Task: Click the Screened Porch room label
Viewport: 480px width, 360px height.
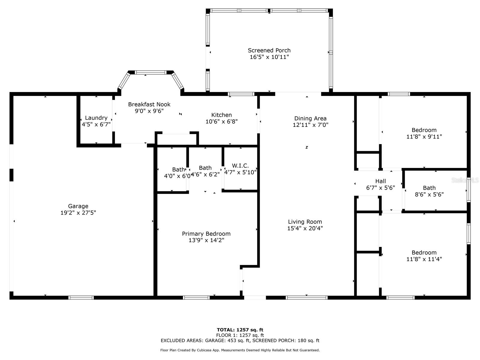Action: (x=269, y=50)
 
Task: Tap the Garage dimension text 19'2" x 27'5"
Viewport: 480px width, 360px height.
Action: (x=78, y=212)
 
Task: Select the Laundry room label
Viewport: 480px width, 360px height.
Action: (x=96, y=118)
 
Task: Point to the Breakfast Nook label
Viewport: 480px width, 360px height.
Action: (x=149, y=104)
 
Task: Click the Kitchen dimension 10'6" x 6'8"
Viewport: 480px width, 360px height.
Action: (x=221, y=121)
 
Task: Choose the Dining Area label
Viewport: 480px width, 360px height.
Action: (x=310, y=118)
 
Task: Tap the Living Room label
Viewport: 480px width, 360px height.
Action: (x=305, y=222)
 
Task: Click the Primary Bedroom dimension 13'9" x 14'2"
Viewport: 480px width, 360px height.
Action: (x=206, y=240)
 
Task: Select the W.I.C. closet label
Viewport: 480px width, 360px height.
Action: (x=240, y=166)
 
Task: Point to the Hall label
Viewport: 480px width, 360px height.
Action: (x=380, y=181)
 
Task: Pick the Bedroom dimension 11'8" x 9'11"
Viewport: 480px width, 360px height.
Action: (x=424, y=136)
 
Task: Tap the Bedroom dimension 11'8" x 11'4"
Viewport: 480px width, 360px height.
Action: (x=424, y=259)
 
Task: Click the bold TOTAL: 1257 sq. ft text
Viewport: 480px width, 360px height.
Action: (x=240, y=330)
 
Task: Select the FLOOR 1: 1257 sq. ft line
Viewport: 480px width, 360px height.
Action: (x=240, y=335)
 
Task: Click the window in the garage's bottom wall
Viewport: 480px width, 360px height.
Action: (x=81, y=298)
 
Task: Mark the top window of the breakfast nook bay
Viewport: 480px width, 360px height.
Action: (x=151, y=72)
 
